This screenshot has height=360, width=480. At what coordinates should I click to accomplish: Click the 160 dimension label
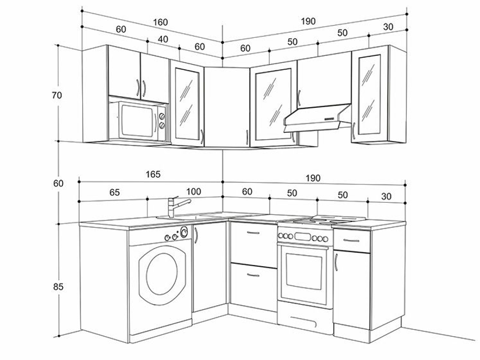pos(160,22)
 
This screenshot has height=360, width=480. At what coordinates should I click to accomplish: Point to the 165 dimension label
pos(153,174)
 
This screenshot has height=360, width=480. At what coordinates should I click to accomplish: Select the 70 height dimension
pos(57,96)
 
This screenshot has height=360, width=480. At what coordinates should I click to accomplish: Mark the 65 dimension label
pos(114,192)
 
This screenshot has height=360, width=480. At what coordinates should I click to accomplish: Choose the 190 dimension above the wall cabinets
pos(308,21)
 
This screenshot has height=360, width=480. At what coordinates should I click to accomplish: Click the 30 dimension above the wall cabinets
pos(389,27)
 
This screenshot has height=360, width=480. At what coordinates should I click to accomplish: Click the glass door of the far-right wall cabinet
pos(368,93)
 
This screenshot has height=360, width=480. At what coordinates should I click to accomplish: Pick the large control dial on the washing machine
pos(184,232)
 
